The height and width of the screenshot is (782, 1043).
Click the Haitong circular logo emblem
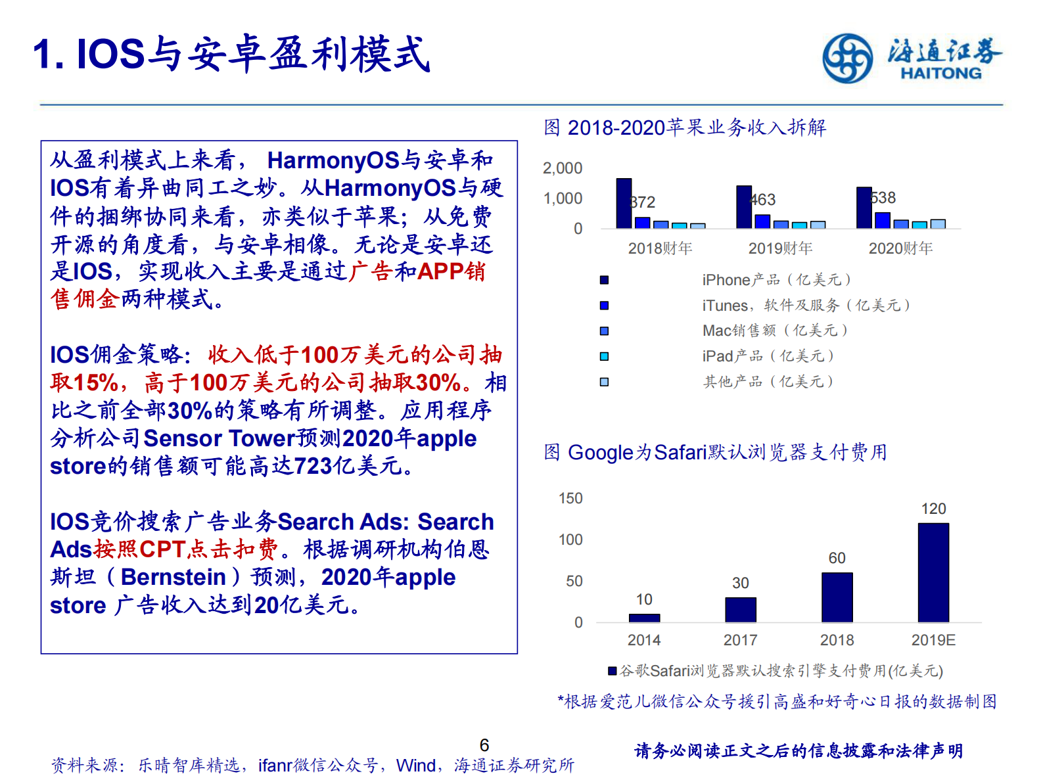click(848, 58)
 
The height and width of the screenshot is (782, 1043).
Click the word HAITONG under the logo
click(940, 74)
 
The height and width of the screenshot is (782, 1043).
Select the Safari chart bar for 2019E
click(933, 572)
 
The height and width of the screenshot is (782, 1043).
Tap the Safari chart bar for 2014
click(644, 618)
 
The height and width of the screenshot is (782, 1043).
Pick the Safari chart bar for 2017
click(741, 609)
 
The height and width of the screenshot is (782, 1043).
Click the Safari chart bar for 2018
click(837, 597)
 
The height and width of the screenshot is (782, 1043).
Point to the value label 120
click(933, 509)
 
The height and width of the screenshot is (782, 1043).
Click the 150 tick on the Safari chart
click(570, 498)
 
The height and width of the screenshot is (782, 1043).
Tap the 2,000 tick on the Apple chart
click(563, 168)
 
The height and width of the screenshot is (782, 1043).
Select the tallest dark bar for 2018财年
click(624, 203)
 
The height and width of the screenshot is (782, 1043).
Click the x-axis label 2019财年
click(780, 248)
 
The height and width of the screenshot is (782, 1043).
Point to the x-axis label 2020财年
click(900, 248)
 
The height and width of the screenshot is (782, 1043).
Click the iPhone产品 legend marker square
click(604, 280)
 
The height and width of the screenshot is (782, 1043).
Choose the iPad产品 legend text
click(768, 356)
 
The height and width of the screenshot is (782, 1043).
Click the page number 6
click(484, 745)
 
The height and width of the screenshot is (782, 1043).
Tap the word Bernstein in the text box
click(174, 577)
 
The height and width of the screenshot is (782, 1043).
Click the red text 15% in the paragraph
click(95, 382)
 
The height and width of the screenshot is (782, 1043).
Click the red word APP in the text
click(441, 271)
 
